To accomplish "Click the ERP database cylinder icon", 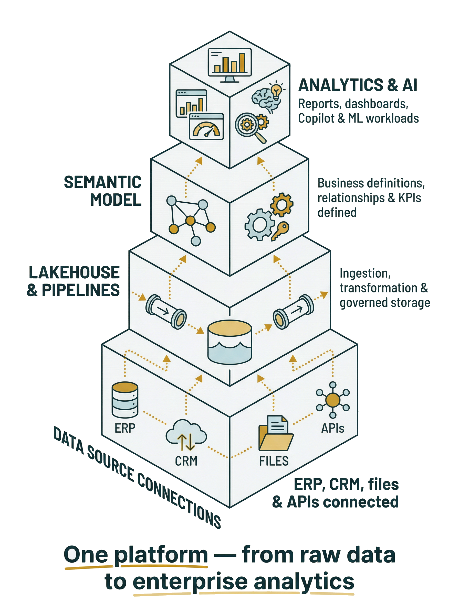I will (125, 400).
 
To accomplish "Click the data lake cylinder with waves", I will (230, 342).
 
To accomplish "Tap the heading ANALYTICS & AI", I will (358, 85).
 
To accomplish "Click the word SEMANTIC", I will (102, 182).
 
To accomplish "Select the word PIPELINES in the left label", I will (81, 290).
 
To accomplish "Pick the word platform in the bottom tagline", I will (161, 555).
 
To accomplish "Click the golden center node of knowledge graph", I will (190, 221).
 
